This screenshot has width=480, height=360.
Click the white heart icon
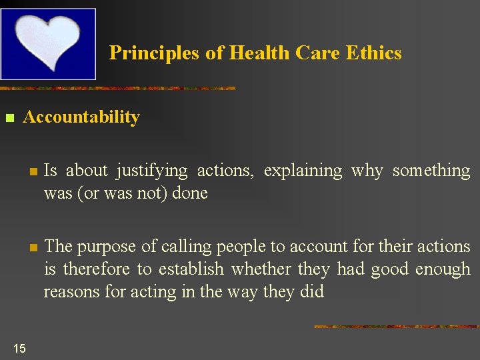click(48, 41)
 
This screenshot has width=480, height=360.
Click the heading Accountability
click(81, 117)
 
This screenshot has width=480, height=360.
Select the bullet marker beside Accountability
click(9, 119)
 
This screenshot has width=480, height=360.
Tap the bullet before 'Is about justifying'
click(31, 172)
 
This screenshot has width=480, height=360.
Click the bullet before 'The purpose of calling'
click(31, 248)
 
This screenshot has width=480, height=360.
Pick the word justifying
click(152, 171)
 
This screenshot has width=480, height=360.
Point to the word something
click(431, 171)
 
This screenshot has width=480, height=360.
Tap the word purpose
click(105, 247)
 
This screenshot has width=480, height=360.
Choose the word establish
click(191, 269)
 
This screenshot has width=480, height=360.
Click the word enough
click(443, 269)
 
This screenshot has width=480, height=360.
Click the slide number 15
click(19, 348)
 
